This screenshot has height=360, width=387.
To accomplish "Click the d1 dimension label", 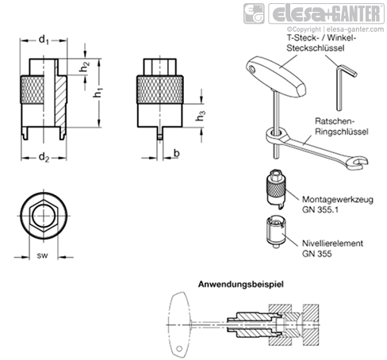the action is coord(44,40).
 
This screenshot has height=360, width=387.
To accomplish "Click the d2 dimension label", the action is coord(44,158).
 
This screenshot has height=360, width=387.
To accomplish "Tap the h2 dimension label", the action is coord(85,67).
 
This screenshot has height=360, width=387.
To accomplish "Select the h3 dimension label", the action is coord(201,116).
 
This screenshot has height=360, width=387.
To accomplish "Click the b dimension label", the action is coord(177,153).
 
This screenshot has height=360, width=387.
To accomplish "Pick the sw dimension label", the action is coord(43,255).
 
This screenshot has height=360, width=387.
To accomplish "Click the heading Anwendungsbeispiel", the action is coord(241,285).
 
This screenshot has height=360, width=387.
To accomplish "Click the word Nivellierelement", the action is coord(332,243).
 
